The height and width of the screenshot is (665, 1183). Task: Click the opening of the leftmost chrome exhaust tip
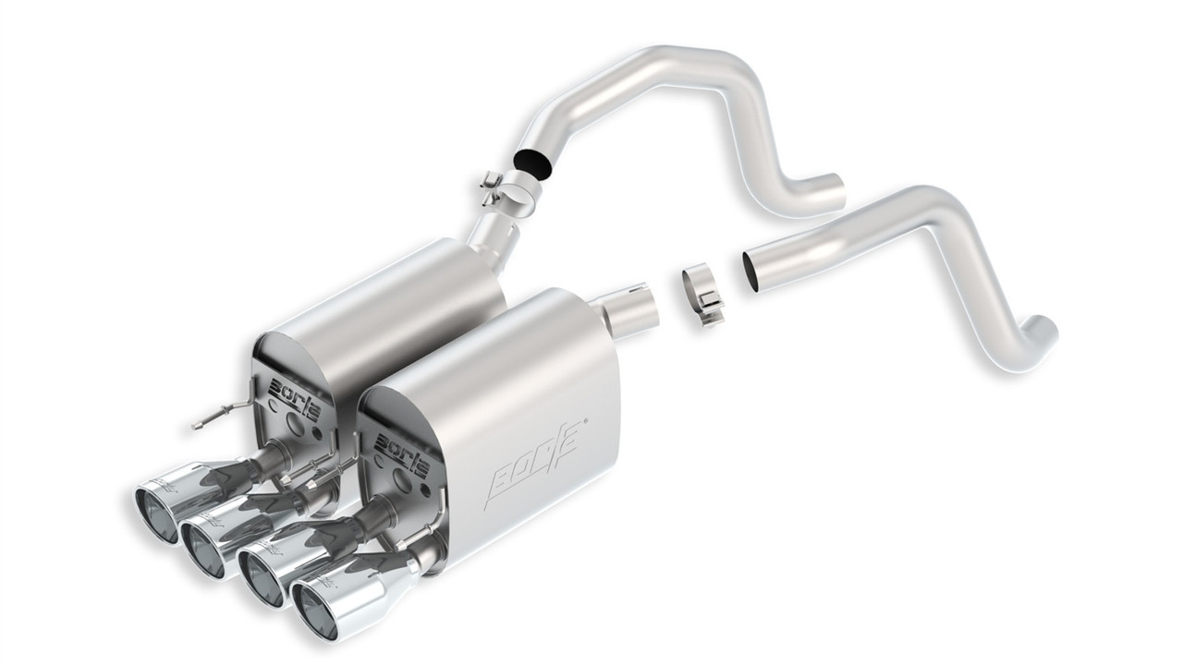coord(154,514)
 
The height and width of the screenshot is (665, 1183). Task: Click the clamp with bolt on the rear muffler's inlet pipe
coord(506,188)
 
